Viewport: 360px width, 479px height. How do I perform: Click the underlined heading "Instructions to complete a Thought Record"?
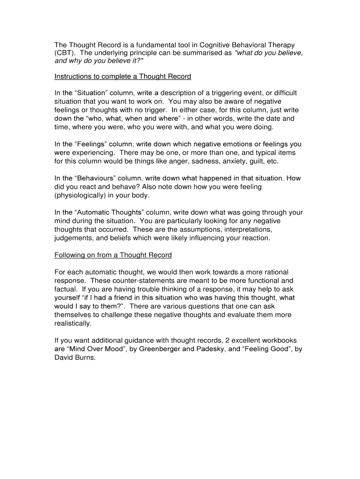coord(122,76)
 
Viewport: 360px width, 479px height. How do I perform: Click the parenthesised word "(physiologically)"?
coord(82,195)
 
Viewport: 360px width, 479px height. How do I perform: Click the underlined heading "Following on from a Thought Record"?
coord(113,255)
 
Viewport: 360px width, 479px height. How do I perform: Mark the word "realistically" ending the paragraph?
coord(73,323)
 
